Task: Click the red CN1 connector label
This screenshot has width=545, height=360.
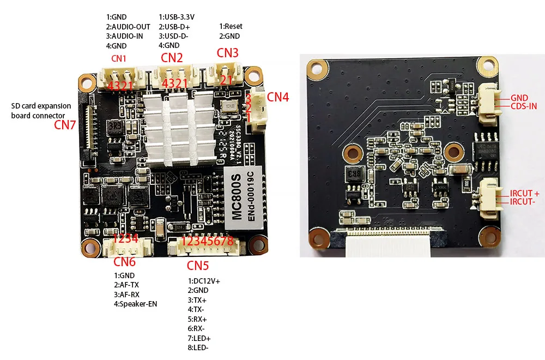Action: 119,58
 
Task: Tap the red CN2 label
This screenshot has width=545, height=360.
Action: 172,57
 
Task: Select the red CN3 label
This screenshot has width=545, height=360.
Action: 228,53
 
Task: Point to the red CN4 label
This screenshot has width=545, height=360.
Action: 278,98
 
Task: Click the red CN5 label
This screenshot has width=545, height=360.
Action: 198,266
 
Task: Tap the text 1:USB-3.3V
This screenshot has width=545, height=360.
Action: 177,17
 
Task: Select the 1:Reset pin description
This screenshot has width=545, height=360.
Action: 231,26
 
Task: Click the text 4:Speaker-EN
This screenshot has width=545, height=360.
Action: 135,304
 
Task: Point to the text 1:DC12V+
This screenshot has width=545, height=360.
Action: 203,281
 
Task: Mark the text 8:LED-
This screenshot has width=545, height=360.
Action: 198,347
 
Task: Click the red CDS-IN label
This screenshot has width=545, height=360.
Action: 524,106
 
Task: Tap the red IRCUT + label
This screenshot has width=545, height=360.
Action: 524,194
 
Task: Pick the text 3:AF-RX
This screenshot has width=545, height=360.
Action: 128,295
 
